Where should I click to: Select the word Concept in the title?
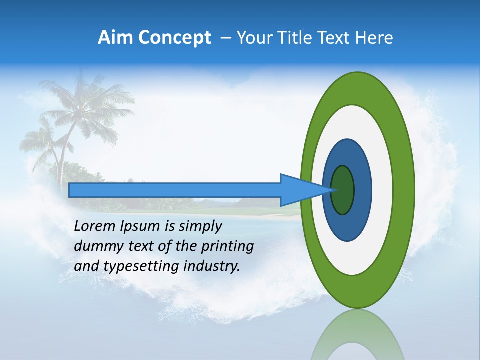pyautogui.click(x=174, y=38)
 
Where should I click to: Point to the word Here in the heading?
pyautogui.click(x=374, y=38)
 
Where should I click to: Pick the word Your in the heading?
pyautogui.click(x=255, y=38)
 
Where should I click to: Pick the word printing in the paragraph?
pyautogui.click(x=228, y=246)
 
